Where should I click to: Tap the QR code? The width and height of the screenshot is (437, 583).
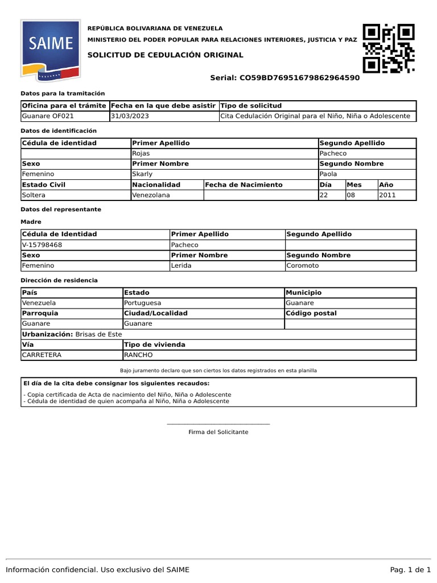(389, 48)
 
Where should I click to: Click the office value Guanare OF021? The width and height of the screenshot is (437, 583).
(44, 116)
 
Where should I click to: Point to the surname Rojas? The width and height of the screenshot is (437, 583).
(141, 154)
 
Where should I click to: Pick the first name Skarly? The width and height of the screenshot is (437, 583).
(142, 174)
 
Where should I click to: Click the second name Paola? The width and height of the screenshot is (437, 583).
(329, 174)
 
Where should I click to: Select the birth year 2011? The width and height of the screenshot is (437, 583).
(387, 195)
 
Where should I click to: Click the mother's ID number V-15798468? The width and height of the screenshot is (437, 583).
(42, 245)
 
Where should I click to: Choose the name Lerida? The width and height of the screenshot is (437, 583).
(182, 265)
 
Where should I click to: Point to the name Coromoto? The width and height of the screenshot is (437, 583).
(303, 265)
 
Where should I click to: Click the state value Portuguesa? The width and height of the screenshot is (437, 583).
(142, 303)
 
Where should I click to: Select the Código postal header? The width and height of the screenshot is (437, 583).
(311, 313)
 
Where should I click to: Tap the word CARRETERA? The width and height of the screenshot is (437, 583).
(42, 355)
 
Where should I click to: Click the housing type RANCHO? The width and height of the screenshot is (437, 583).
(138, 355)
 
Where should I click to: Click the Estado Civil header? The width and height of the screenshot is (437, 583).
(43, 184)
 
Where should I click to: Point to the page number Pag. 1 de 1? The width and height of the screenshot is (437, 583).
(410, 570)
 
